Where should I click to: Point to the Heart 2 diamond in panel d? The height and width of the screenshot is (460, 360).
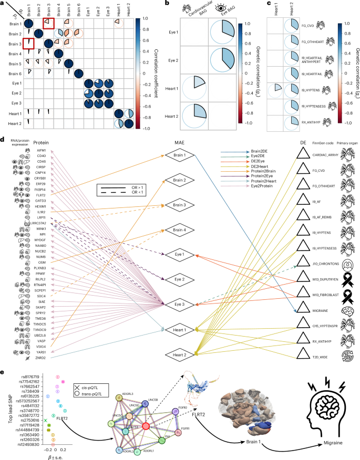[179, 356]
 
